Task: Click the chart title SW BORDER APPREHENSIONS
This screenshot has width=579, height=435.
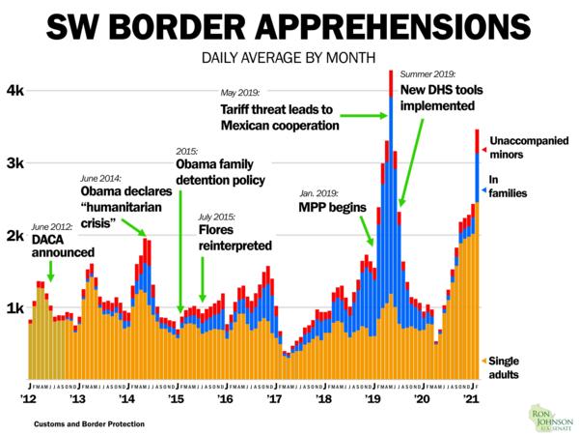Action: [x=289, y=26]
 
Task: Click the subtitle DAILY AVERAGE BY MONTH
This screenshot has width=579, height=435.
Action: [x=289, y=57]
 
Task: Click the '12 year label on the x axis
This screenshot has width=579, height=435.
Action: [x=29, y=398]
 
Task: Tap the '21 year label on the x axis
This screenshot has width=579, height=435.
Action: [x=471, y=398]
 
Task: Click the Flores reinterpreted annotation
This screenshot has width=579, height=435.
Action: [x=234, y=239]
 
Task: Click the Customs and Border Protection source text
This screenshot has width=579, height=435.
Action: [x=81, y=424]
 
